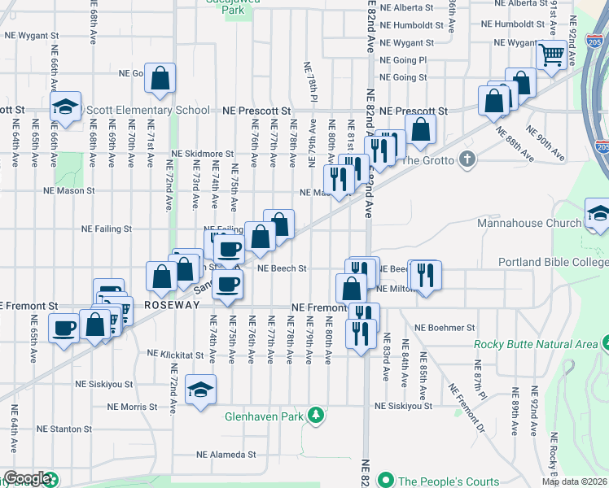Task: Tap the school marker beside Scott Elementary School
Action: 65,107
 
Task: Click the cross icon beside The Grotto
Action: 467,159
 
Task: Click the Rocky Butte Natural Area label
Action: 537,344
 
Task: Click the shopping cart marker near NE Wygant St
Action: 552,56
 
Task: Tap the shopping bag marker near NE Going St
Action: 161,79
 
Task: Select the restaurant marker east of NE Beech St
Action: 424,274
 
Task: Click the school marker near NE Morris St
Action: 200,390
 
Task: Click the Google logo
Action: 27,479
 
